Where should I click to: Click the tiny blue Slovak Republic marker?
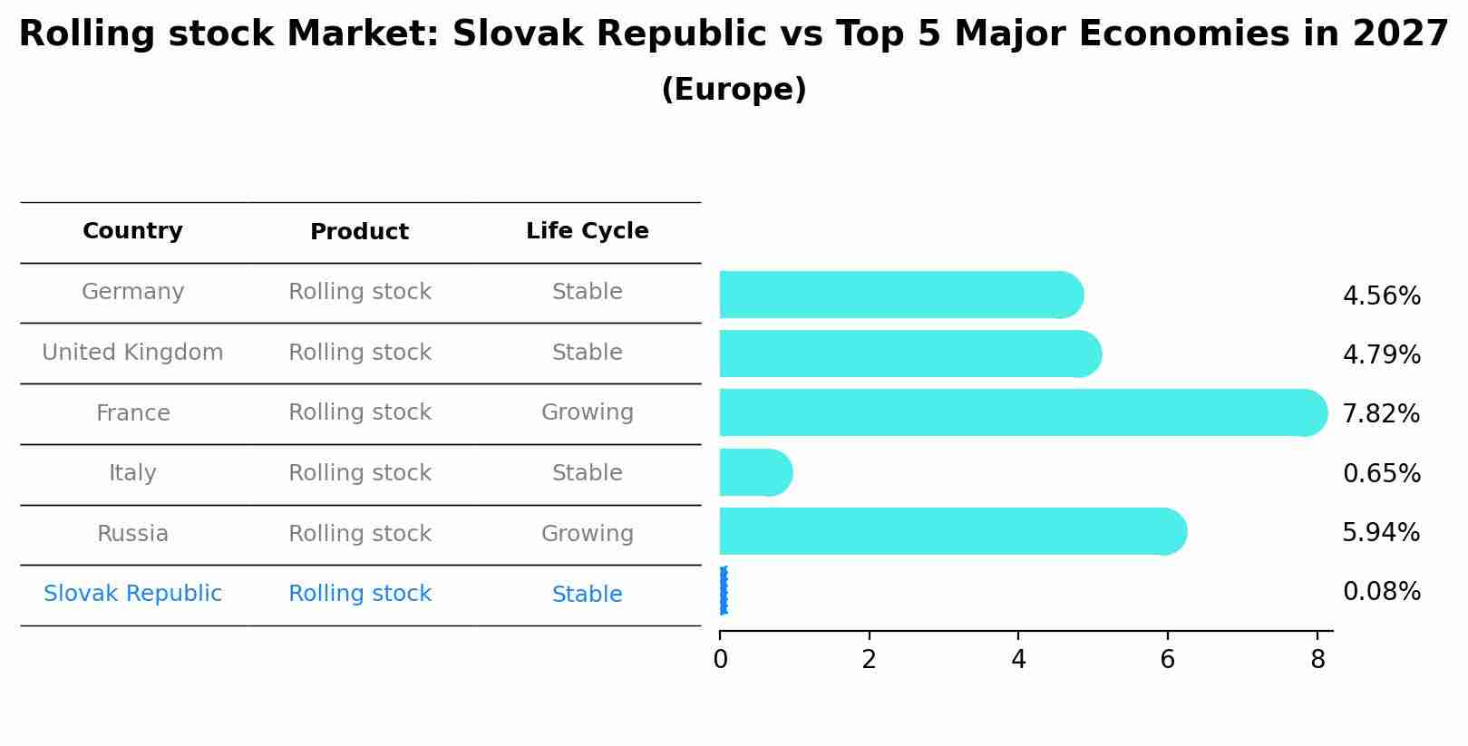click(x=723, y=591)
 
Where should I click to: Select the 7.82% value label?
click(x=1381, y=414)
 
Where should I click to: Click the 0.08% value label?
click(x=1381, y=592)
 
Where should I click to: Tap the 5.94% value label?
click(x=1381, y=533)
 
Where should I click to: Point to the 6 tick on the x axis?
click(x=1167, y=660)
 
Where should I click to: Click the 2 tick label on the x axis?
click(x=869, y=660)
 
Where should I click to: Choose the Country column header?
click(x=132, y=231)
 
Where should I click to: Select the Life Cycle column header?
click(x=587, y=231)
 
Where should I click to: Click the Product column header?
click(x=359, y=232)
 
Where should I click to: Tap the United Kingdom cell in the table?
click(x=132, y=353)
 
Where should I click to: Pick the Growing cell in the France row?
click(x=587, y=412)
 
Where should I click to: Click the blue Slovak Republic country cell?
click(x=132, y=594)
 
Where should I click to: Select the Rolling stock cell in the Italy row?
click(x=359, y=473)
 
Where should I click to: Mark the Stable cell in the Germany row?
click(x=587, y=292)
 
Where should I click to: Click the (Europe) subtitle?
click(x=734, y=90)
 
